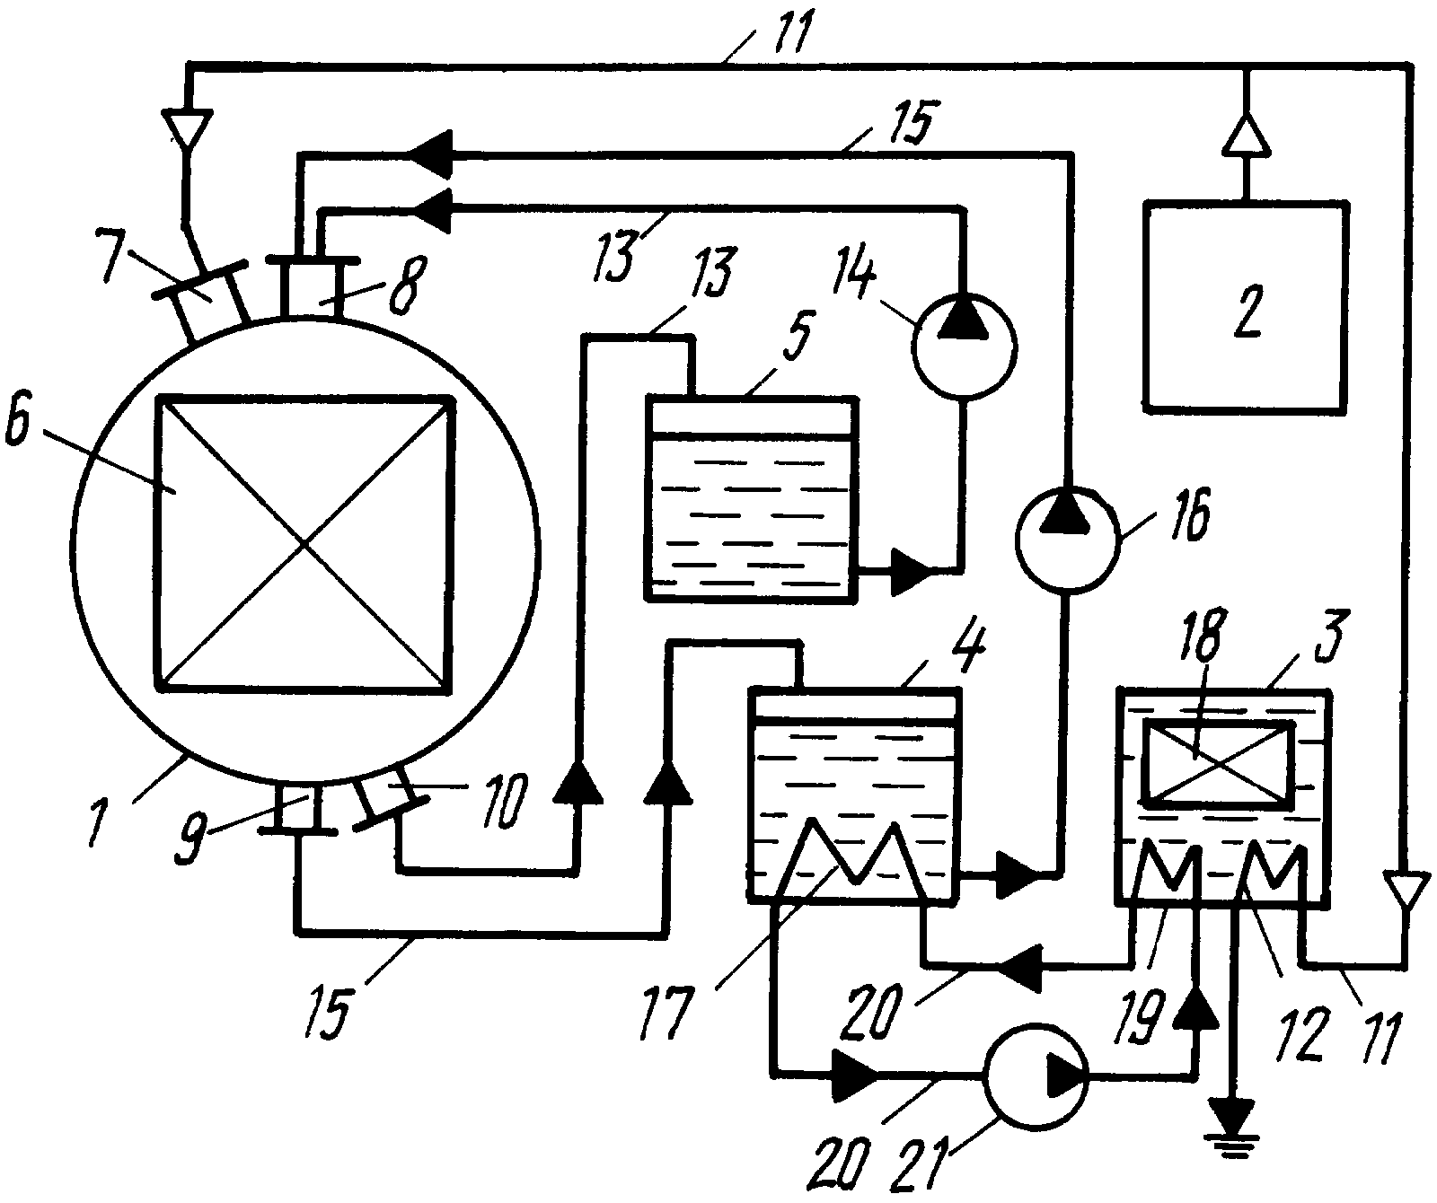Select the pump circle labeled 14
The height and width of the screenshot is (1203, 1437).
tap(963, 347)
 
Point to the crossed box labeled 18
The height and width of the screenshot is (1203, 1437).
tap(1217, 763)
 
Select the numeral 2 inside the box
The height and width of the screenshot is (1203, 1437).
tap(1247, 308)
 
